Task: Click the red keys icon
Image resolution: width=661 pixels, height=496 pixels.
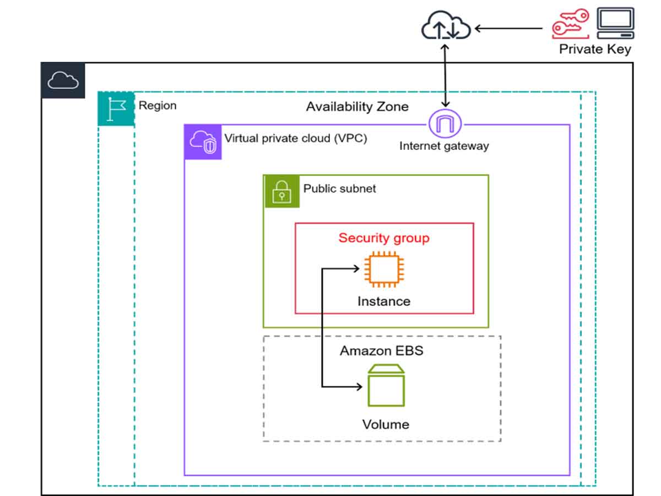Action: [x=570, y=24]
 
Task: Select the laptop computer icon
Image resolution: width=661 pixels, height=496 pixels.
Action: [x=615, y=23]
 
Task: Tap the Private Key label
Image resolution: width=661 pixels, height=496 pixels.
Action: [x=595, y=49]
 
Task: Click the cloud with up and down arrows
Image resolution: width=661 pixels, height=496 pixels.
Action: [x=446, y=25]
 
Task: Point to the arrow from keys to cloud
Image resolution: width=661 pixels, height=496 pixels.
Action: [x=508, y=29]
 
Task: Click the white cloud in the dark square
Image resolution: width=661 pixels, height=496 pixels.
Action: [x=63, y=80]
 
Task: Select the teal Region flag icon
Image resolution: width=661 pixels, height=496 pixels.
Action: [x=116, y=109]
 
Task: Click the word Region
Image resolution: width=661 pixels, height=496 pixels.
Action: [x=158, y=106]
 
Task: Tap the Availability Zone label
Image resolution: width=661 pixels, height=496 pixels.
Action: [x=357, y=106]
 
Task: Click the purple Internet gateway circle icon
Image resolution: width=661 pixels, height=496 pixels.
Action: [x=445, y=124]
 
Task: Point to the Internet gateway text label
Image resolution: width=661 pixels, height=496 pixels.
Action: [x=444, y=146]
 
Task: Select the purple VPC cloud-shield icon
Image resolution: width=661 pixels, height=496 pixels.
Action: [x=203, y=142]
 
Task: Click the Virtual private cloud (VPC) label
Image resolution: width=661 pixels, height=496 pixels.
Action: [x=296, y=138]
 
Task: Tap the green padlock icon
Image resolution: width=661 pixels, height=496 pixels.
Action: [x=282, y=192]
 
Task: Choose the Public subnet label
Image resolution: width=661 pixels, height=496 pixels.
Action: [x=339, y=189]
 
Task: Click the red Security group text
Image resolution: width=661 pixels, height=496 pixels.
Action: [x=384, y=238]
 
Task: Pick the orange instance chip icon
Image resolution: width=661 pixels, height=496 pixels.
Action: [x=384, y=269]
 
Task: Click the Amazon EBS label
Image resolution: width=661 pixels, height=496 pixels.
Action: [x=382, y=351]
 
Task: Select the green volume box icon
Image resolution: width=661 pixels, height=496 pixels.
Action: [x=386, y=385]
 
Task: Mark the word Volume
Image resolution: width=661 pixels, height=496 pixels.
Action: [x=386, y=424]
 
